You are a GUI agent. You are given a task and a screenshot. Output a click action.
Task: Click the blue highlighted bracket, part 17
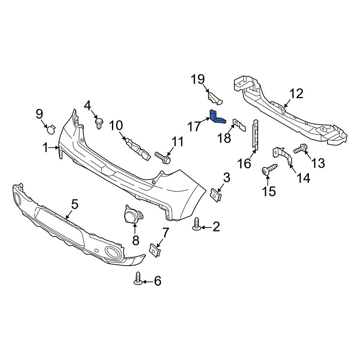(x=216, y=117)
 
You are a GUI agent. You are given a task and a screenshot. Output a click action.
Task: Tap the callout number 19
(x=198, y=79)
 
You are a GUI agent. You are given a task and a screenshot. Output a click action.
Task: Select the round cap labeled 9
(x=51, y=129)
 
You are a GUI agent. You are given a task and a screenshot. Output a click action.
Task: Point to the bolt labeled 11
(x=163, y=158)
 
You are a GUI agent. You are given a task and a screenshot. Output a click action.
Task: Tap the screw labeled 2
(x=197, y=224)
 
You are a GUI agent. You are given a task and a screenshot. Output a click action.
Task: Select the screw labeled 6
(x=138, y=279)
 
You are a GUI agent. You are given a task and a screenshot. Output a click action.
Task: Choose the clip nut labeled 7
(x=155, y=250)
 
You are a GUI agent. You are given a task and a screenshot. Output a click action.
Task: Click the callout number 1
(x=46, y=147)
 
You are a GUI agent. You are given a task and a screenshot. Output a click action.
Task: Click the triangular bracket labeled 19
(x=215, y=98)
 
